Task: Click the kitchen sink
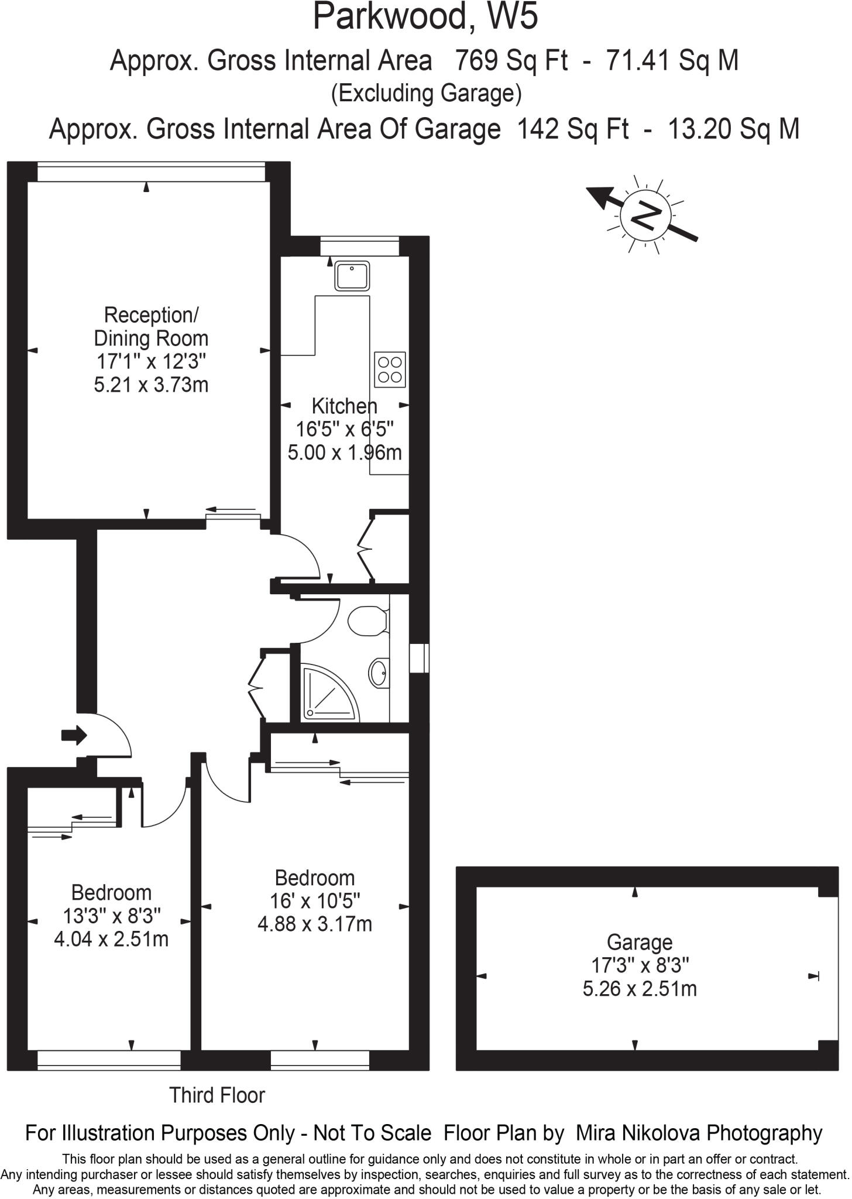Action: point(352,275)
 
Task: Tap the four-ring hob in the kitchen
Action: point(390,369)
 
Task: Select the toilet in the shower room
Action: point(368,620)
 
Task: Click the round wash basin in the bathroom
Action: point(379,671)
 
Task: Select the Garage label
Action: point(639,942)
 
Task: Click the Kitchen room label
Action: point(344,406)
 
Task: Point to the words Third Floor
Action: point(217,1095)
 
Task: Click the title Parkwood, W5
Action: point(425,16)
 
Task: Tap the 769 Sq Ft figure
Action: point(511,60)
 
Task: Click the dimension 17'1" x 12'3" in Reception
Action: point(151,361)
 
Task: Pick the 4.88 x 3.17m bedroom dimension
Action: point(315,924)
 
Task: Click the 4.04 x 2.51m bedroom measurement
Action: point(111,939)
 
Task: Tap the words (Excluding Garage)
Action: point(426,94)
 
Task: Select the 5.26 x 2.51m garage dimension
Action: point(640,989)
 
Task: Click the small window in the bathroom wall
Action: point(419,658)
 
